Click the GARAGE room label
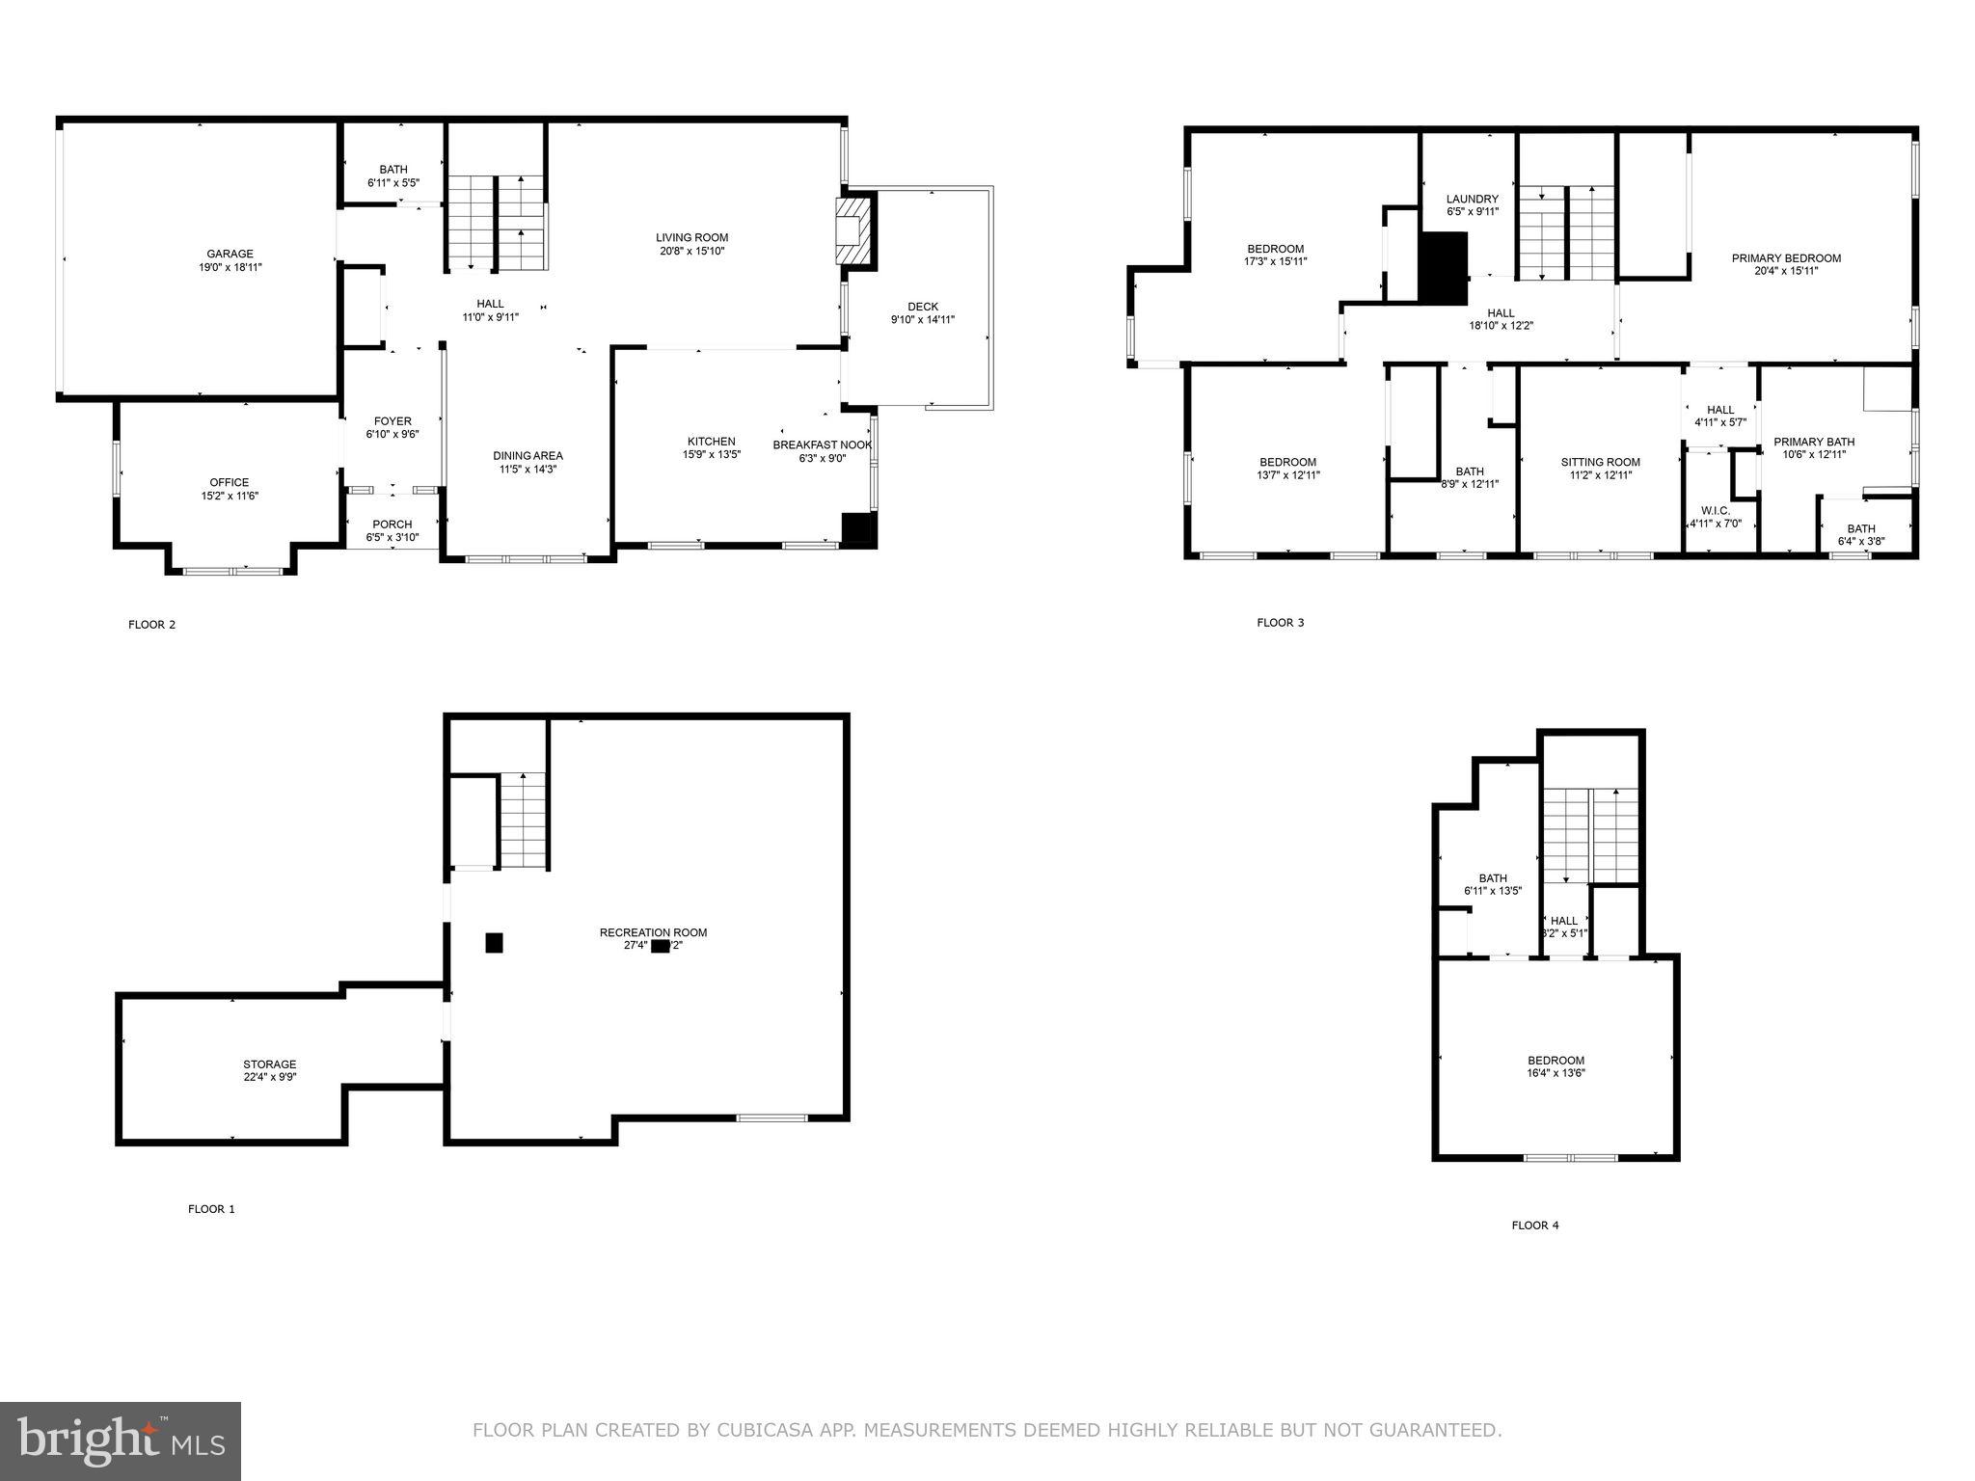coord(230,254)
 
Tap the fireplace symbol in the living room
coord(850,231)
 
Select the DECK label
coord(923,307)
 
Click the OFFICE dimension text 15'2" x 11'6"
coord(230,496)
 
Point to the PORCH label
coord(392,525)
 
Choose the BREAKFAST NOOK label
coord(822,444)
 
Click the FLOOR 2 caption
coord(152,625)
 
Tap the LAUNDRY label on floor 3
coord(1473,200)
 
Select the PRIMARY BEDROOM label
coord(1786,258)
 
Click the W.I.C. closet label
coord(1715,511)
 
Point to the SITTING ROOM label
coord(1600,462)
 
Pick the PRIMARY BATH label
coord(1814,442)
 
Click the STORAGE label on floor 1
coord(269,1064)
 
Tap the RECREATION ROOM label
coord(653,932)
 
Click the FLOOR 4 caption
coord(1535,1225)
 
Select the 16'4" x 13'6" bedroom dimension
coord(1556,1073)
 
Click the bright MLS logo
coord(121,1441)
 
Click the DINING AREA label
coord(528,456)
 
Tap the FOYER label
coord(392,421)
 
